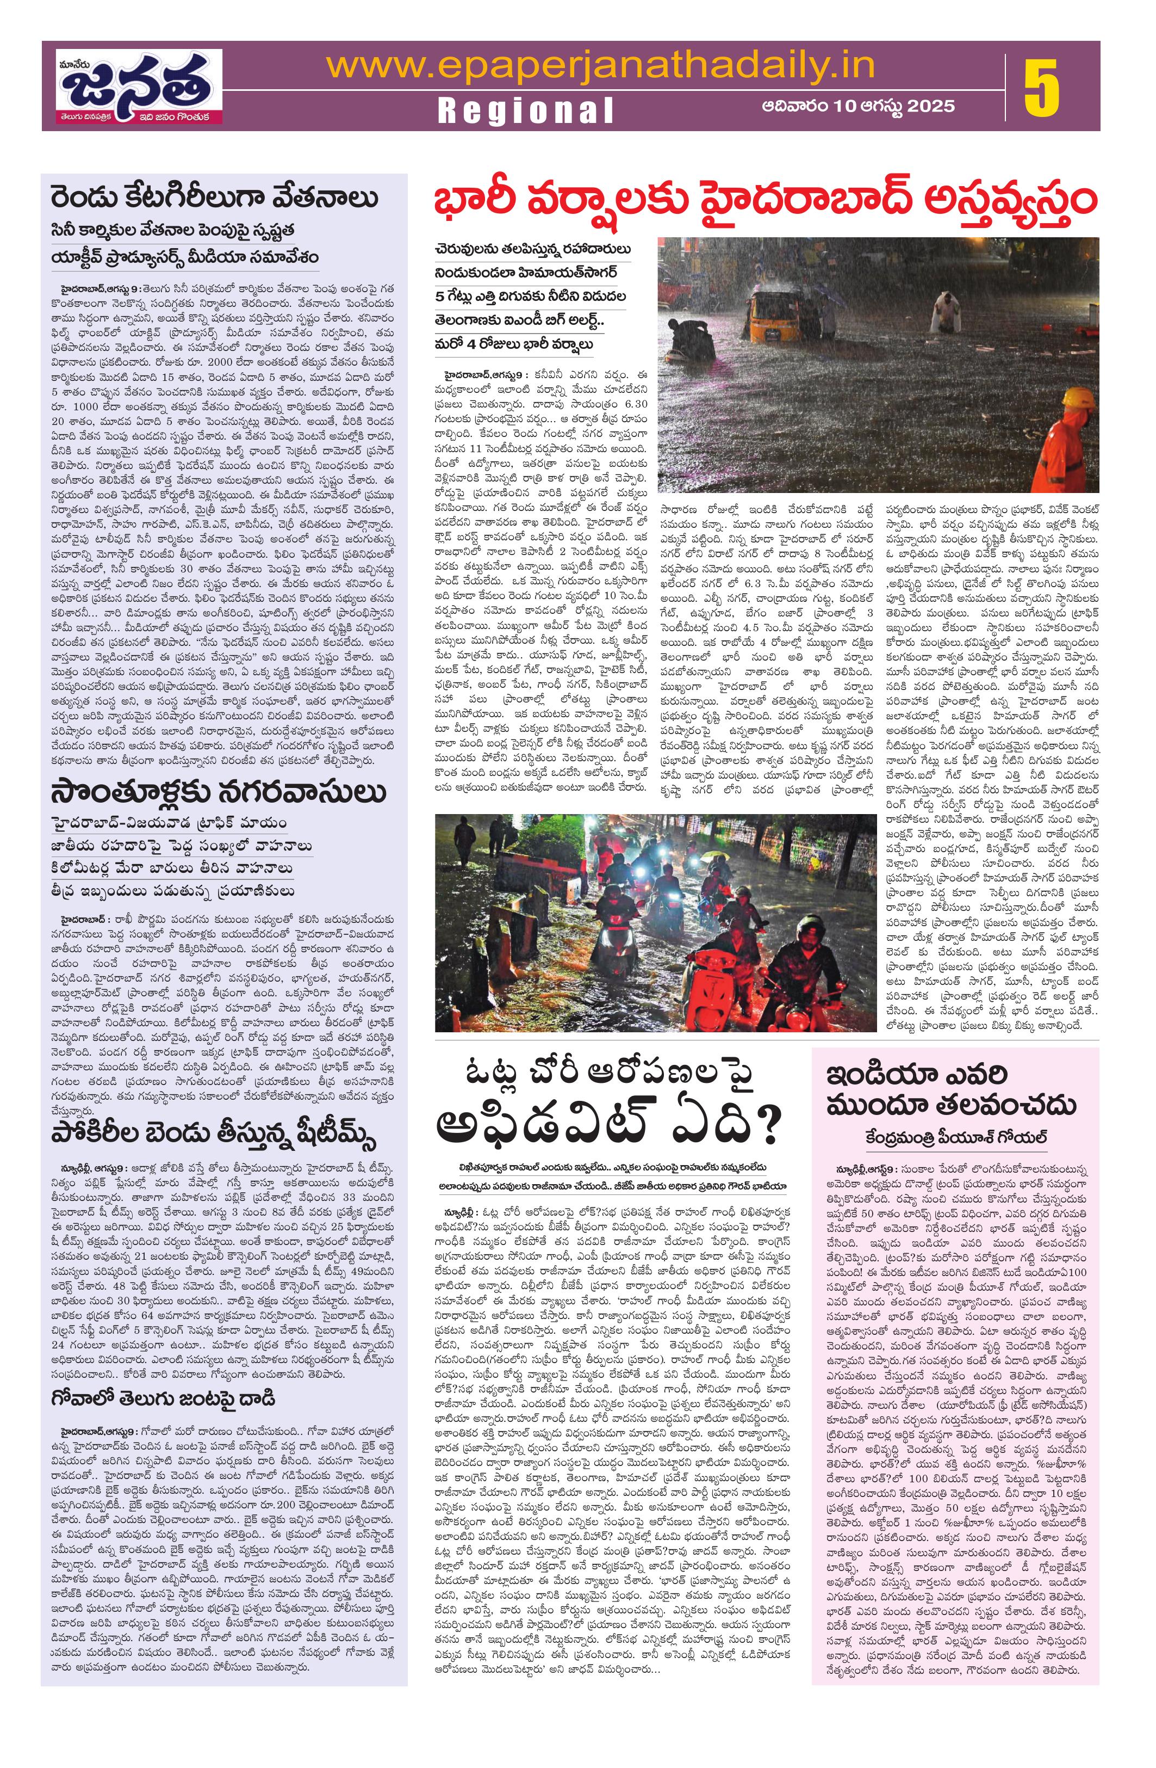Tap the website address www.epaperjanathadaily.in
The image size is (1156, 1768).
point(599,65)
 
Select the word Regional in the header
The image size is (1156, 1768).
point(526,110)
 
